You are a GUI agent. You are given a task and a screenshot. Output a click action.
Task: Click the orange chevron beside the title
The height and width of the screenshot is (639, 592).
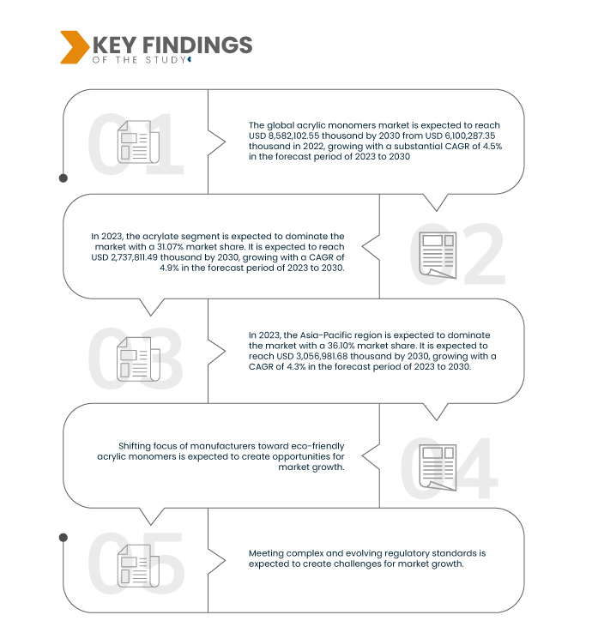point(74,47)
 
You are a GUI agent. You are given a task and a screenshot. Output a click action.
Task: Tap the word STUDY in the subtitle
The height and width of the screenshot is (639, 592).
point(166,60)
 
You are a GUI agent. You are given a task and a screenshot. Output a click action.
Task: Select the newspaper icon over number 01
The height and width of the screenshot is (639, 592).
point(138,142)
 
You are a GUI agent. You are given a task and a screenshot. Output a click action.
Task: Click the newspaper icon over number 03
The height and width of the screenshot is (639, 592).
point(138,359)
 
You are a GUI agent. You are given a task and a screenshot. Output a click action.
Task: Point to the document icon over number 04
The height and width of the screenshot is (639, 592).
point(438,467)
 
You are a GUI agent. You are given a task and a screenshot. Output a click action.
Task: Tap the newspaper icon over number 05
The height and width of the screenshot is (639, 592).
point(138,565)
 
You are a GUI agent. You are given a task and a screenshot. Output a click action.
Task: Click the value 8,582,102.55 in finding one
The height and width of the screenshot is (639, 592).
point(293,136)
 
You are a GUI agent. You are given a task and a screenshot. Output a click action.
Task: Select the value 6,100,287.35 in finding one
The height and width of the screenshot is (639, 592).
point(469,136)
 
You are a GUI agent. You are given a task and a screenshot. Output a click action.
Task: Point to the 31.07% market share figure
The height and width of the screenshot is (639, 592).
point(171,247)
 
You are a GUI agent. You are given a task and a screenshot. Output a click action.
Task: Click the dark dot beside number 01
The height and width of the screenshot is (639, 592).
point(63,178)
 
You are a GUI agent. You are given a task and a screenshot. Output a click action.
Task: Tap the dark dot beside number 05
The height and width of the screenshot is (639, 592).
point(63,538)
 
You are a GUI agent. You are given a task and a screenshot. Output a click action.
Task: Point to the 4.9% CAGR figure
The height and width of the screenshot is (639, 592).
point(169,268)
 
